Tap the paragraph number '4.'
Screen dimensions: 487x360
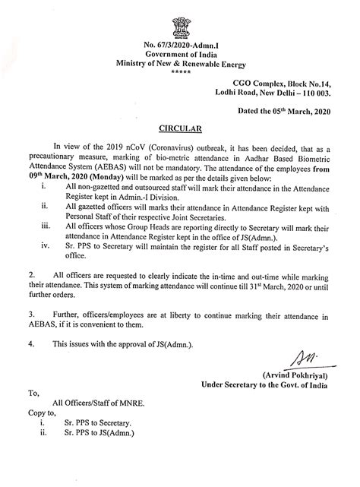(33, 343)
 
